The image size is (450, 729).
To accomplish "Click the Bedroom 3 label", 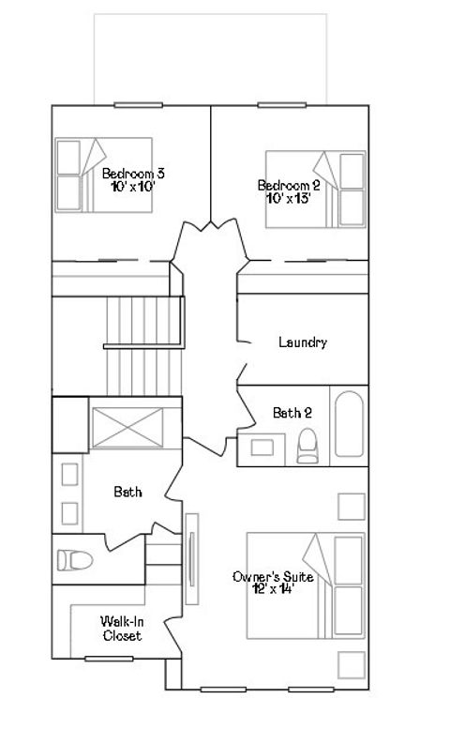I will tap(133, 173).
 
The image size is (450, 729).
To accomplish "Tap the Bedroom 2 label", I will tap(289, 186).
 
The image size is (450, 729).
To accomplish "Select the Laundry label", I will tap(303, 342).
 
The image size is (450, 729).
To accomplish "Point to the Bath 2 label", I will tap(292, 412).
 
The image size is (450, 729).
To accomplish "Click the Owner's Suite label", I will tap(272, 577).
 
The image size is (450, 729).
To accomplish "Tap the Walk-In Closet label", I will tap(123, 628).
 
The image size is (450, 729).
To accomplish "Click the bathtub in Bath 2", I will tap(346, 423).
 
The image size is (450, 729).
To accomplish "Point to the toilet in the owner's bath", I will tap(75, 560).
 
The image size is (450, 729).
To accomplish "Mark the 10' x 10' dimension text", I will tap(132, 186).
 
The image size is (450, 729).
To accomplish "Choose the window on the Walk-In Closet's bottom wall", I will tap(109, 659).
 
